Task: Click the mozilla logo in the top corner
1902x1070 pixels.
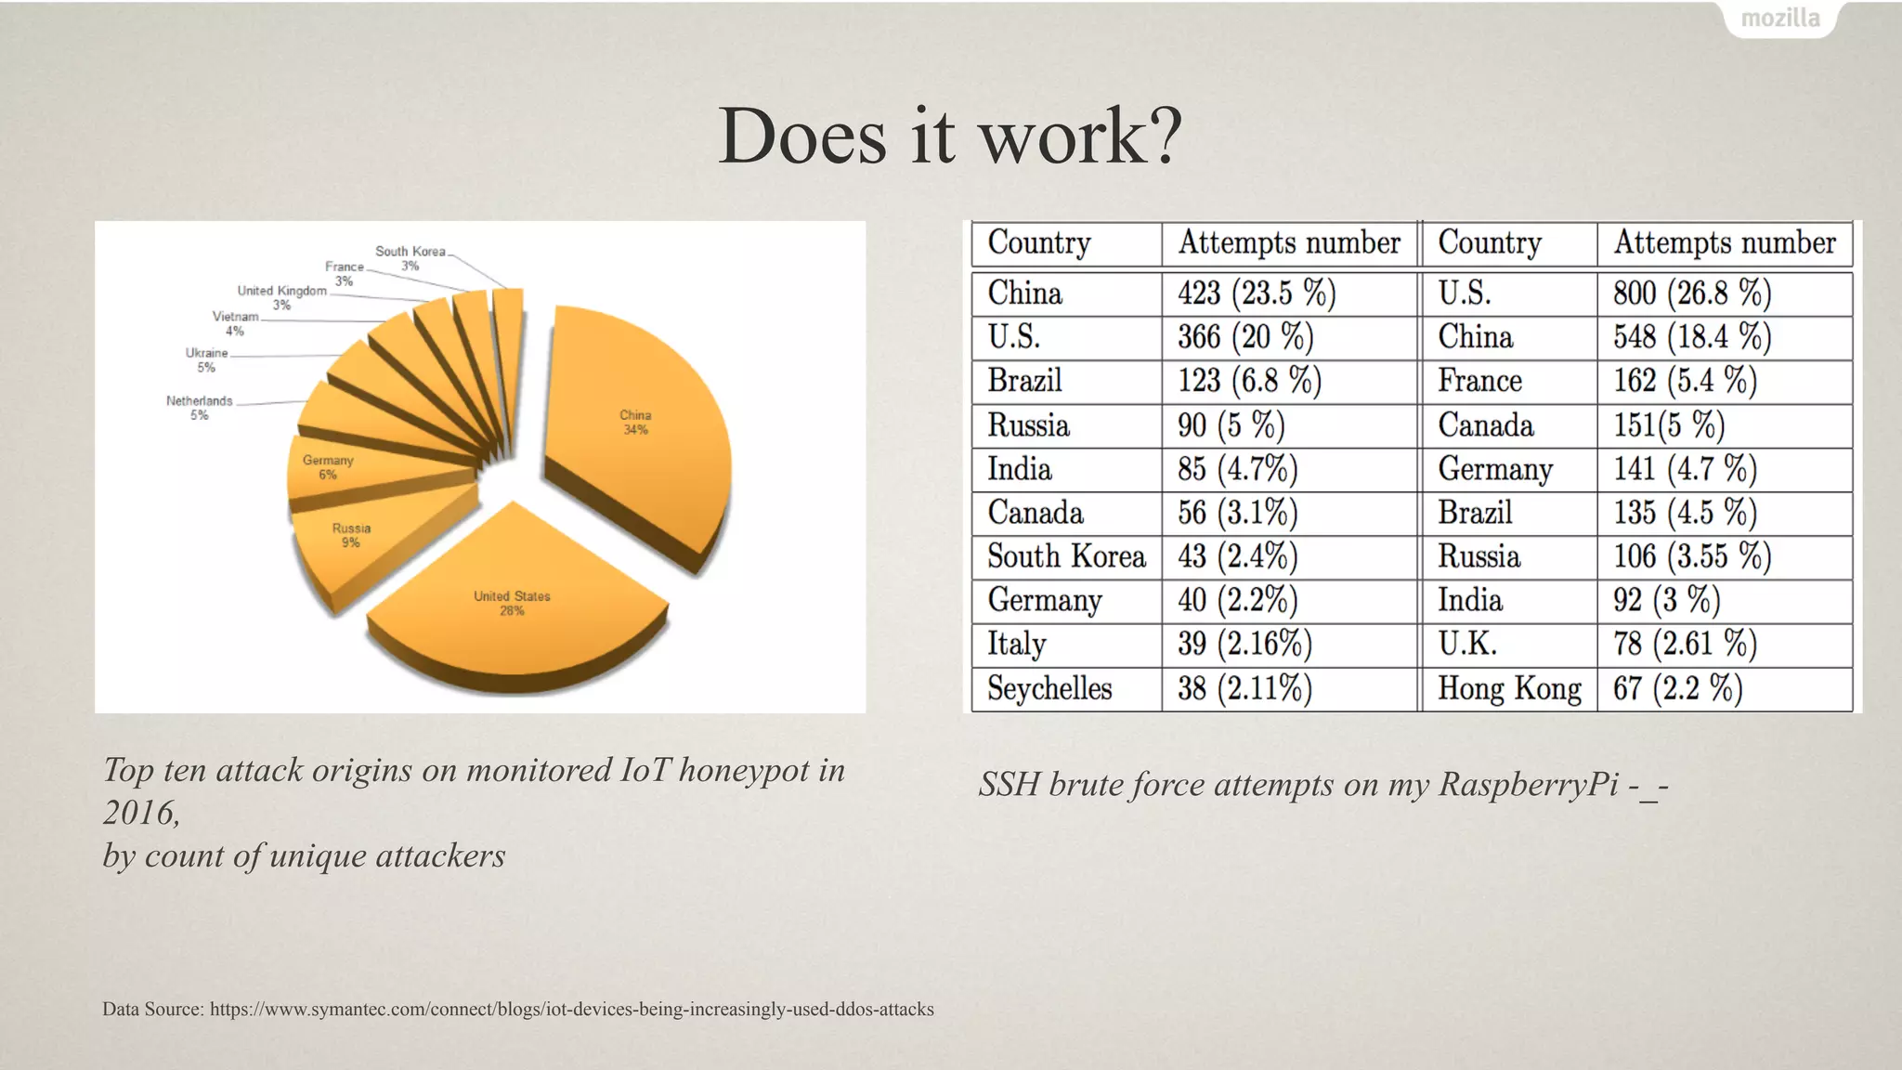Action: point(1779,19)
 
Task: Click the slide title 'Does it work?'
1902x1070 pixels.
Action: point(950,137)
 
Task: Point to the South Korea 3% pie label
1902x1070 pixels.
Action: point(410,258)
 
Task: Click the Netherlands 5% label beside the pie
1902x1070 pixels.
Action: point(200,408)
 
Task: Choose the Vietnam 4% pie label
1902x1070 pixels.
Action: point(235,323)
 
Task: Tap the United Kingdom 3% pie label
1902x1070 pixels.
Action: point(282,297)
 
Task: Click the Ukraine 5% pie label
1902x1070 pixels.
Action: point(206,359)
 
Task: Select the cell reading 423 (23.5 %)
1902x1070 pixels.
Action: point(1257,294)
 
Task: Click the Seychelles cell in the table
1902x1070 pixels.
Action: point(1049,689)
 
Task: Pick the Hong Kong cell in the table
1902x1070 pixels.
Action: point(1509,689)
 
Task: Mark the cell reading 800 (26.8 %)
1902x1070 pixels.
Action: point(1692,294)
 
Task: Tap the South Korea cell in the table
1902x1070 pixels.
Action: point(1066,556)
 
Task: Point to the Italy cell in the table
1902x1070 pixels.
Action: point(1017,644)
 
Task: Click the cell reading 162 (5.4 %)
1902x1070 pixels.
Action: point(1685,381)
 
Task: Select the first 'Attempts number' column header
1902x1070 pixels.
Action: point(1289,243)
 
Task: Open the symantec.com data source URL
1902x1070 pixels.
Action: point(571,1010)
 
